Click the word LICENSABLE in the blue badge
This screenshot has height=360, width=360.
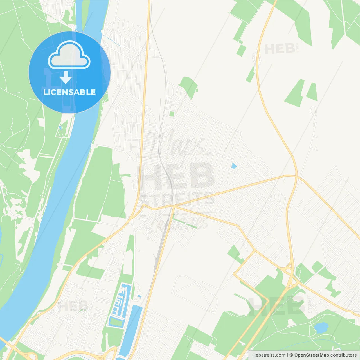(69, 92)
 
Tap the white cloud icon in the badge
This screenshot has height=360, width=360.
(69, 55)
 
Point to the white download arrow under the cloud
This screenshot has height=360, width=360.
(66, 77)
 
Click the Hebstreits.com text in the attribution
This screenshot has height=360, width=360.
(269, 355)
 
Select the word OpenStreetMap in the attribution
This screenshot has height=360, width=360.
(311, 355)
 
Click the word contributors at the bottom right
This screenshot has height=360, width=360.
(343, 355)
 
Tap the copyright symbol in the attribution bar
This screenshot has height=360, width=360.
(291, 355)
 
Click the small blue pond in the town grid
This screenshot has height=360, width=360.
(234, 166)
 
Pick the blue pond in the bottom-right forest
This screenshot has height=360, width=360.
(321, 327)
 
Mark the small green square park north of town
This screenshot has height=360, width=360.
(172, 114)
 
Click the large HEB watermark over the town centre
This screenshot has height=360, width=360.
(176, 176)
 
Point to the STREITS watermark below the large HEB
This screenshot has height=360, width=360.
(177, 198)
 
